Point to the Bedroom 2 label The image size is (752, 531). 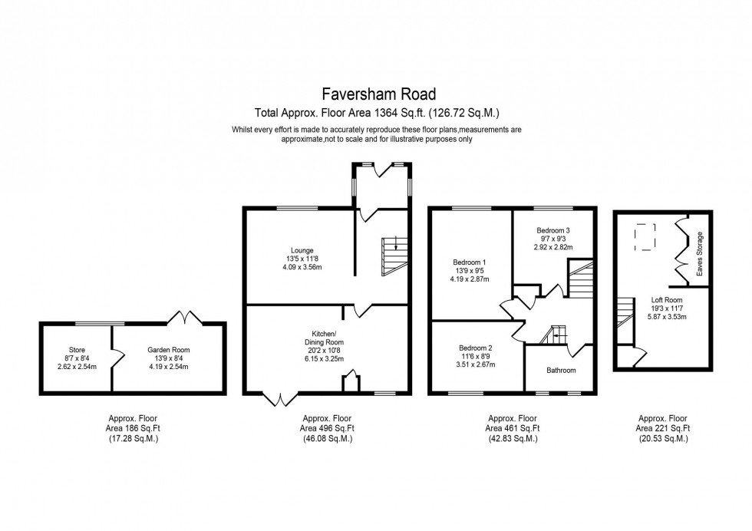[x=476, y=348]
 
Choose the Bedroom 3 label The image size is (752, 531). [x=553, y=230]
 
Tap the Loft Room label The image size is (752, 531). [x=666, y=300]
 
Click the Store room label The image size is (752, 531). [x=76, y=349]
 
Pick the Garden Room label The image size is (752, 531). [x=168, y=349]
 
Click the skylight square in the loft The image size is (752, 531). [x=644, y=236]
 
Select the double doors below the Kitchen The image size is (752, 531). [x=280, y=399]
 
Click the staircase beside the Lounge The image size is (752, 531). [x=394, y=256]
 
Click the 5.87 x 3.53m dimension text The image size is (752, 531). [x=666, y=315]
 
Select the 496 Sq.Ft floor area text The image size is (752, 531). [x=326, y=428]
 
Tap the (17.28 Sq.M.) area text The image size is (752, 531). [x=134, y=439]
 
